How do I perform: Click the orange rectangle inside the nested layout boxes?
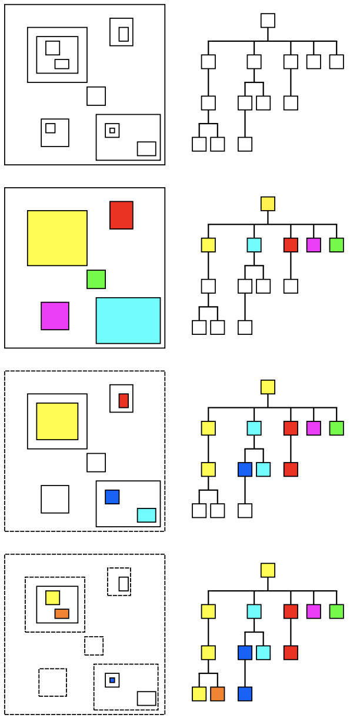coord(62,613)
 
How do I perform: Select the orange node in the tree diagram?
coord(217,694)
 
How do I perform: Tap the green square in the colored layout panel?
coord(96,279)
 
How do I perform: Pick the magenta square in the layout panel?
coord(55,316)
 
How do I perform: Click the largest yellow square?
coord(57,238)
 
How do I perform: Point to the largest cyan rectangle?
coord(128,320)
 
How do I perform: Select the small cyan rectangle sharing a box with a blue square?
coord(146,515)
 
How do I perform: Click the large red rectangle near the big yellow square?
coord(121,215)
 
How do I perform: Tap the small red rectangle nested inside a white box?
coord(124,400)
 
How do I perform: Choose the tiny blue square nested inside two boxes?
coord(112,680)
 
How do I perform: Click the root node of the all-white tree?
coord(268,21)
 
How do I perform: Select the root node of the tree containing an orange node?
coord(268,570)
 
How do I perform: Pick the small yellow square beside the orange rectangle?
coord(52,597)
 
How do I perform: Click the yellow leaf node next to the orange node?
coord(199,694)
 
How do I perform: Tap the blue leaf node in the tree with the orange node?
coord(245,694)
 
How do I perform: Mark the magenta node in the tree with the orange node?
coord(314,611)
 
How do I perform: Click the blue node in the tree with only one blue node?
coord(245,470)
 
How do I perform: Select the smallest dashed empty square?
coord(94,646)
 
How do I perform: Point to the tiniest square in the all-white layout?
coord(112,130)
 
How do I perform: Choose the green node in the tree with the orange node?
coord(336,611)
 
